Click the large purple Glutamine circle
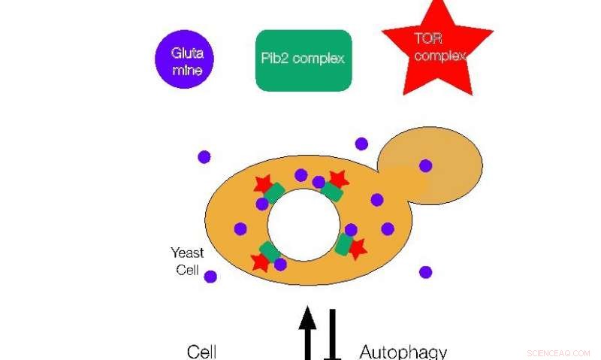(184, 59)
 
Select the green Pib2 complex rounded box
(304, 60)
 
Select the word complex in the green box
(319, 59)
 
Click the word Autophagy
(403, 351)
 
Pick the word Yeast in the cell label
(187, 253)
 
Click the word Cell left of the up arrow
(201, 351)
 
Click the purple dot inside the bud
(426, 165)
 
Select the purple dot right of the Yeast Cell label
(210, 277)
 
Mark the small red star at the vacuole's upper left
(263, 183)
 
